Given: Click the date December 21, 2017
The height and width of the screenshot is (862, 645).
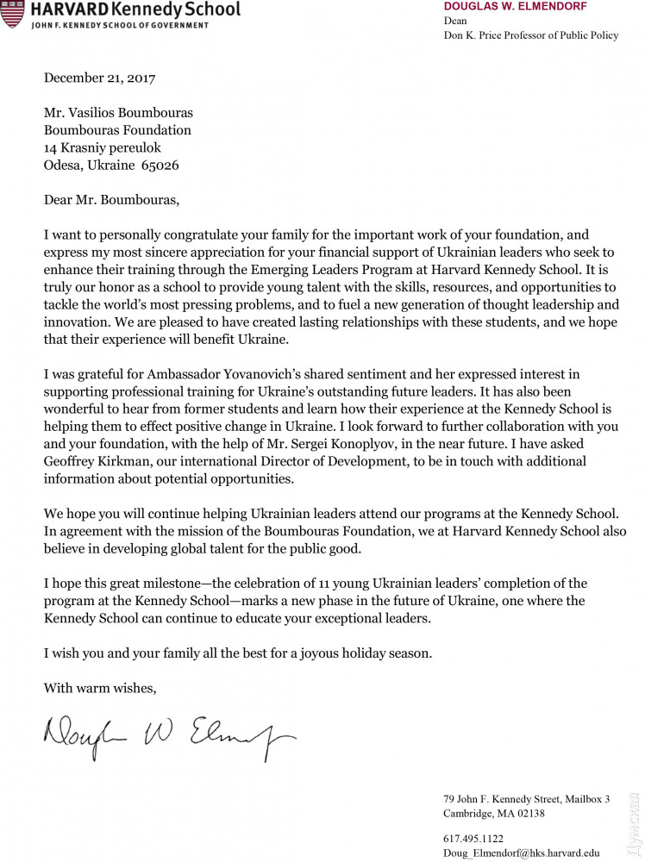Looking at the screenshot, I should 99,78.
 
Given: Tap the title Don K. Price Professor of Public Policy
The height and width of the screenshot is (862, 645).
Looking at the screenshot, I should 531,35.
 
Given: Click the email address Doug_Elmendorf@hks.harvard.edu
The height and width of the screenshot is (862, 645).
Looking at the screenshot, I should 521,852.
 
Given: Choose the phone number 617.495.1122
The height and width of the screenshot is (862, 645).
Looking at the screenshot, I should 473,838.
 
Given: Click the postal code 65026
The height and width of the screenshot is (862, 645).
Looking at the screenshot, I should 160,166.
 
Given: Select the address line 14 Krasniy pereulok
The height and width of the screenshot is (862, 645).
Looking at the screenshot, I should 103,148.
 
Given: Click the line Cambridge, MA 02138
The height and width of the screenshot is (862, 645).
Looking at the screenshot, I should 494,813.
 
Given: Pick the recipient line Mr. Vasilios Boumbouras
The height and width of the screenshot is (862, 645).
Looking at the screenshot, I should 119,113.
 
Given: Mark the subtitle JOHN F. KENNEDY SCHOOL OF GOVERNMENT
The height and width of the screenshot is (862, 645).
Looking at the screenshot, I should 120,25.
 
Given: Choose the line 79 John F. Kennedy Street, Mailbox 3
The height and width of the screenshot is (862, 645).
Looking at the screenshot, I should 527,798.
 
